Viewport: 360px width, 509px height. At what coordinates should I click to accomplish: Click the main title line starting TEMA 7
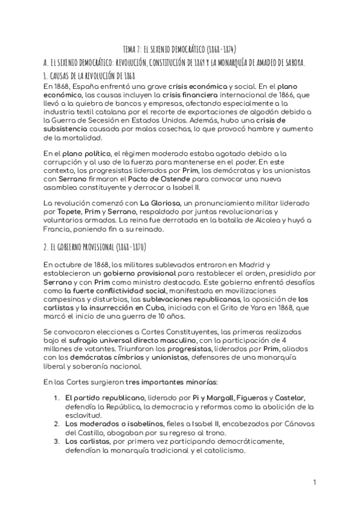pyautogui.click(x=180, y=49)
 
